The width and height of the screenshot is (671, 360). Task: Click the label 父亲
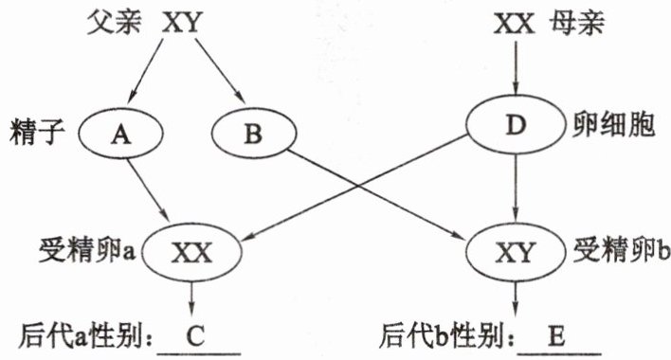[114, 22]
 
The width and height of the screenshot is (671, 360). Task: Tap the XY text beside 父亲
[181, 23]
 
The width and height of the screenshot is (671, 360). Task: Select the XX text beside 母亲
[515, 23]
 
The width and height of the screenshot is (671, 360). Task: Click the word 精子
[37, 132]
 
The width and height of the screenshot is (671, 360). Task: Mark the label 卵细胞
[613, 125]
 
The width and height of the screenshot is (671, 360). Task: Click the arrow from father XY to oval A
[146, 70]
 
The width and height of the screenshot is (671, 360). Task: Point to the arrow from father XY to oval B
[221, 71]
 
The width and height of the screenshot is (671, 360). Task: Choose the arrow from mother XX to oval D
[516, 67]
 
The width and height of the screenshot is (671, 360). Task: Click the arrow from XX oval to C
[191, 298]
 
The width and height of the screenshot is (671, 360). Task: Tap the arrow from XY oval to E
[516, 298]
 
